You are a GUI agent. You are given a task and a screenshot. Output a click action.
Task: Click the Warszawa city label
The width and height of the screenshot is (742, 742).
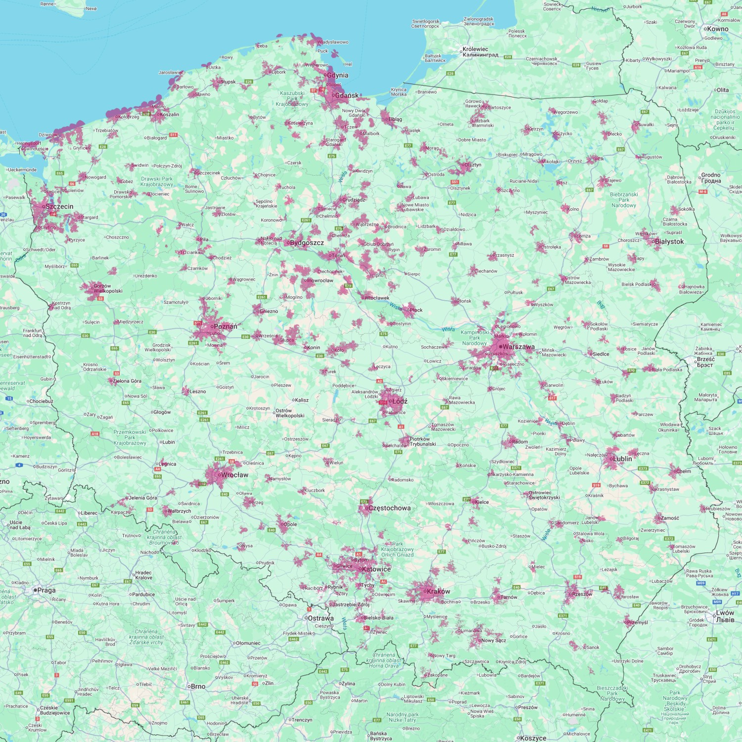click(x=518, y=347)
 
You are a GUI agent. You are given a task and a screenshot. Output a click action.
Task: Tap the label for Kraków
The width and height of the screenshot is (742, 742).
click(x=438, y=591)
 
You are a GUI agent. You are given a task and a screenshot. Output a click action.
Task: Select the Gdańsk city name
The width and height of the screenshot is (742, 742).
click(x=347, y=95)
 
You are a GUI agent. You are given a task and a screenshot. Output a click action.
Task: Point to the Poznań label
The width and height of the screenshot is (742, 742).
click(x=226, y=326)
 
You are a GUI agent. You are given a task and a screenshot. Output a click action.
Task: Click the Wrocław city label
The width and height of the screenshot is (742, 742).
click(x=234, y=475)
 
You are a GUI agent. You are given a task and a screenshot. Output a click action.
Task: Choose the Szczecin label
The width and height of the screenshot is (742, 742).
click(x=59, y=207)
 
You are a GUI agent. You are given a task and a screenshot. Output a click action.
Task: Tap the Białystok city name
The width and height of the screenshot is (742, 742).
click(x=669, y=242)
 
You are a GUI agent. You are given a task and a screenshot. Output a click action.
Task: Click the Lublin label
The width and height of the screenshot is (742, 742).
click(x=622, y=459)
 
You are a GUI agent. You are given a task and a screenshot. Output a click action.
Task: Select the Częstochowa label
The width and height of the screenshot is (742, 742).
click(x=389, y=508)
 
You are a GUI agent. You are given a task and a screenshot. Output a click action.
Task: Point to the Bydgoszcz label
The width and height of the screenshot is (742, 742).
click(x=307, y=243)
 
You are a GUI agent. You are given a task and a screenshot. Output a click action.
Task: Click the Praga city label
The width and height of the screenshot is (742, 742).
click(x=46, y=590)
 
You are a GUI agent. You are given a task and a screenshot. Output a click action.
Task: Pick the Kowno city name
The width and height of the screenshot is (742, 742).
click(x=718, y=29)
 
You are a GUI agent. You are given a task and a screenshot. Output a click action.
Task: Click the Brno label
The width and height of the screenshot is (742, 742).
click(x=198, y=687)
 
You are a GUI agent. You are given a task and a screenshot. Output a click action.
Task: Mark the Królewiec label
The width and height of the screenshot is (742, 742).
click(x=475, y=49)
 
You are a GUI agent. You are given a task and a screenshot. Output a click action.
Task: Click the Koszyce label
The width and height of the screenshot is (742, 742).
click(x=533, y=738)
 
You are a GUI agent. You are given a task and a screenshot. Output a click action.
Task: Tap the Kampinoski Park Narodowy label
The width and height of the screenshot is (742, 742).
click(x=474, y=338)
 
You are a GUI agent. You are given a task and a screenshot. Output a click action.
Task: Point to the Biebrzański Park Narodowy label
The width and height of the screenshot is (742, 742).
click(x=624, y=200)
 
